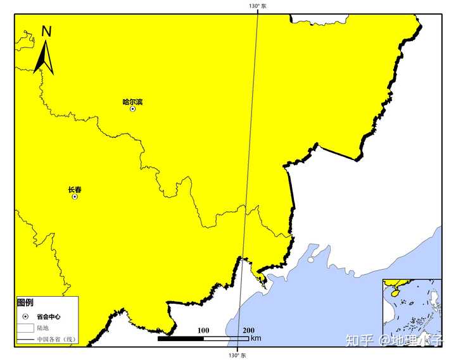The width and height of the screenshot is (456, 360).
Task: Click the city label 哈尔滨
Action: (132, 101)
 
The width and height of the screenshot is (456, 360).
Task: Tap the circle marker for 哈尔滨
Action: (132, 109)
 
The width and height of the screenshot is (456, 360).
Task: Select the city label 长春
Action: (75, 189)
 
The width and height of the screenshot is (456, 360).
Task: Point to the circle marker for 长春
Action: (75, 197)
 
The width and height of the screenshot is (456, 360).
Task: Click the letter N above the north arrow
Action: (46, 32)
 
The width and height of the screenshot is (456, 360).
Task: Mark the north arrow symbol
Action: (43, 57)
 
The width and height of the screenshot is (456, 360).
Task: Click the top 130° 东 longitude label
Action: (257, 6)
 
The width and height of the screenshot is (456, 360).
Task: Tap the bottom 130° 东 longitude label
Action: (237, 356)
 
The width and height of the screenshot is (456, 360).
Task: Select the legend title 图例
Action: (25, 302)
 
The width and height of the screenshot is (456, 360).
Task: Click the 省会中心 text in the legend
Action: (48, 316)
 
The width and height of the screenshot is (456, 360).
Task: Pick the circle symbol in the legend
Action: (25, 316)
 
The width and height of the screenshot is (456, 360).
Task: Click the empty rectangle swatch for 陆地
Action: (25, 328)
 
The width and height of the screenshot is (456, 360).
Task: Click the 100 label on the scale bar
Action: (203, 330)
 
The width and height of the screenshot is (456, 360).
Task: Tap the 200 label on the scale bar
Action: (248, 330)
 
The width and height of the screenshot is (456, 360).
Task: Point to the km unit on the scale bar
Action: (256, 338)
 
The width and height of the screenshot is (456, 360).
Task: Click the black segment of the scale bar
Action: (180, 338)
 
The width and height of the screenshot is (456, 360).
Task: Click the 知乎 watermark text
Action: (358, 340)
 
